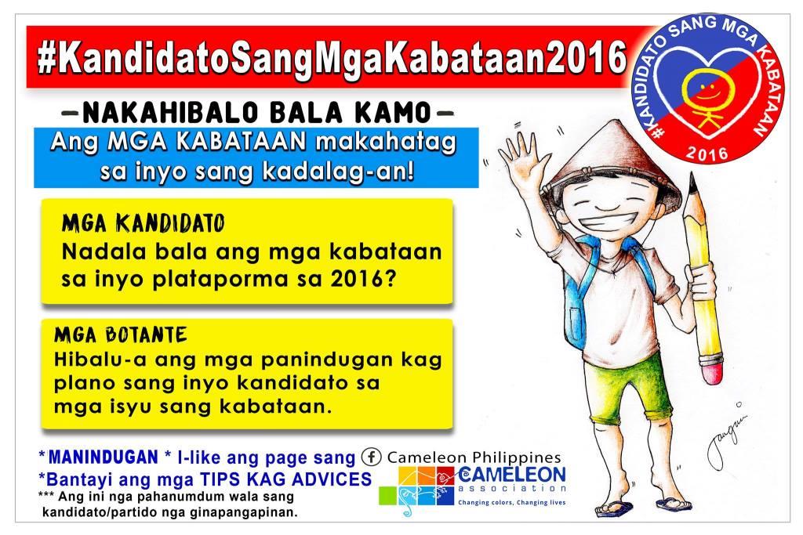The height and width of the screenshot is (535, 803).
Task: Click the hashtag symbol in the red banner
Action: click(46, 60)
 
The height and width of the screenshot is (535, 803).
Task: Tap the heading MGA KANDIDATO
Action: click(144, 223)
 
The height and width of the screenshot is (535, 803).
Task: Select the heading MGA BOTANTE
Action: click(121, 335)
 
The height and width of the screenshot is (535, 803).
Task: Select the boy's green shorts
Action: click(630, 386)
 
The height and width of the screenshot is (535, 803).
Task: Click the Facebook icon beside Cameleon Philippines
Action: click(371, 457)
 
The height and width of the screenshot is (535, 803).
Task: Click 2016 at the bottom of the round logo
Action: click(707, 152)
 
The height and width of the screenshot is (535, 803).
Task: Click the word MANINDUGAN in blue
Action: click(103, 457)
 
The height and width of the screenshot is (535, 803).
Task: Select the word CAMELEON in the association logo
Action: click(512, 474)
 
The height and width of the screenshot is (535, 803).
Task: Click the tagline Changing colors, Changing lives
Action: click(511, 502)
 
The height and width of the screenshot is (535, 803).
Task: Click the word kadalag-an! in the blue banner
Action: click(338, 172)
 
